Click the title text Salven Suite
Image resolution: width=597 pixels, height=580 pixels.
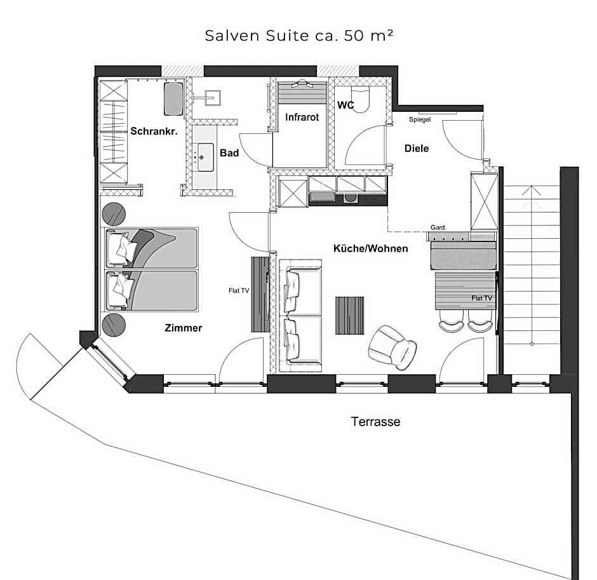coord(257,36)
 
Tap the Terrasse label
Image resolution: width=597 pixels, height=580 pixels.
coord(375,422)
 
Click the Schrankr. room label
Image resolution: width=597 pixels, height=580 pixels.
coord(154,131)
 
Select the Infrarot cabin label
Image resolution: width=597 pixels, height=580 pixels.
coord(302,117)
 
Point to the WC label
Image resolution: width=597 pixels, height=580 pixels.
coord(345,105)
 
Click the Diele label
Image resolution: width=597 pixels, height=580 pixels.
coord(417,148)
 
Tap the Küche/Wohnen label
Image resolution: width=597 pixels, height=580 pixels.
coord(370,248)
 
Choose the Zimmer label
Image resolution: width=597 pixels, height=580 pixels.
coord(183,328)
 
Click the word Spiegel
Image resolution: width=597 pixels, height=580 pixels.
coord(420,119)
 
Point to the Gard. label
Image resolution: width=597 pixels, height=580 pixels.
coord(438,227)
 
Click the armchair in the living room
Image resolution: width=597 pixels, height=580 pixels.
coord(392,347)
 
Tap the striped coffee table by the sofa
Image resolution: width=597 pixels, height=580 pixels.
coord(349,316)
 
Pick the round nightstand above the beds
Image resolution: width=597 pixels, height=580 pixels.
coord(114,214)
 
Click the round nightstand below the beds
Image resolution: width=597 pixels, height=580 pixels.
coord(114,326)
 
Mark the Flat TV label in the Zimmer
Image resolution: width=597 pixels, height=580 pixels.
coord(239,290)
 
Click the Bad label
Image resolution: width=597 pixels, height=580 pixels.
coord(229,152)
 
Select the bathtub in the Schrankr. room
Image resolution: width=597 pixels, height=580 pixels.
coord(173,99)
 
